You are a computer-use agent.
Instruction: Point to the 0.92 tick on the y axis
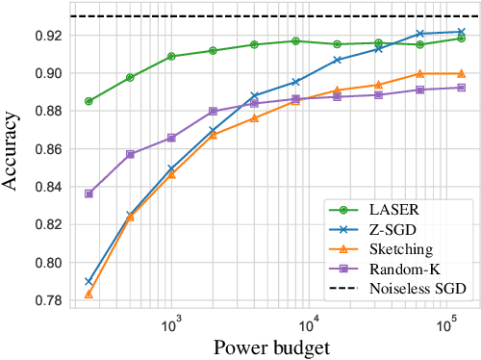(48, 36)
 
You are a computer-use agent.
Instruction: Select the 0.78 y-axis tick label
(48, 300)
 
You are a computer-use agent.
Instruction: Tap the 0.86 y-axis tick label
(48, 149)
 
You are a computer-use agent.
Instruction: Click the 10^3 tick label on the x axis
(171, 326)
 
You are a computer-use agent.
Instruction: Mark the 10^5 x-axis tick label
(445, 326)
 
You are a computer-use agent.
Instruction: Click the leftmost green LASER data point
(89, 101)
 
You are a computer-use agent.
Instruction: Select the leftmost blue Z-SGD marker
(89, 282)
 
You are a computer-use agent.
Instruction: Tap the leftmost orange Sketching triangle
(89, 294)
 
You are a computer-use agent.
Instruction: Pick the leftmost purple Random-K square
(89, 193)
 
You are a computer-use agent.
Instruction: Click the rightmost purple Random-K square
(461, 88)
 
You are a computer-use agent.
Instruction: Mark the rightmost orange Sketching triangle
(461, 73)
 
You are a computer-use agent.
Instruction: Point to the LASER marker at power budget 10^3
(171, 57)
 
